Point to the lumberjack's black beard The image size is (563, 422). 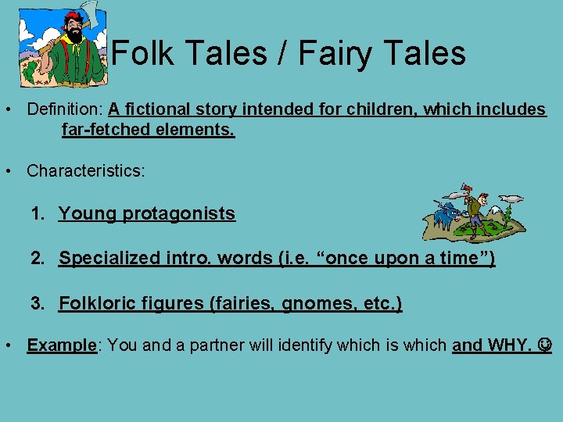[74, 34]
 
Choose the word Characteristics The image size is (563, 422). [84, 170]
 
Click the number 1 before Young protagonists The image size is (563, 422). [36, 213]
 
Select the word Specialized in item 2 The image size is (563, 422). [109, 258]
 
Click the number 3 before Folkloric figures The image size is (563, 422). [36, 303]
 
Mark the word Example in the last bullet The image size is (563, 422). [61, 345]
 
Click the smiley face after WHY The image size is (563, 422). [545, 345]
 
